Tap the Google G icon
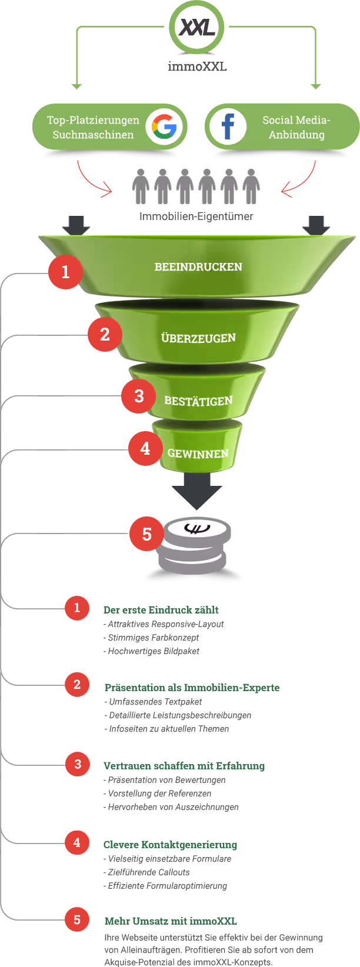164,126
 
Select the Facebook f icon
228,126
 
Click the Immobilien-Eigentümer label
196,216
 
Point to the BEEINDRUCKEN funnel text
198,267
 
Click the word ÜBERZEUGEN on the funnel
199,338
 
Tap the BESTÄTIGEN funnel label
198,401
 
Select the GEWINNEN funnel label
198,454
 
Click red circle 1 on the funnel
66,272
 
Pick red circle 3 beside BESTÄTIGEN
139,396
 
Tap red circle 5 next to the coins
146,534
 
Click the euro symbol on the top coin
197,528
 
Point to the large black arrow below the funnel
197,491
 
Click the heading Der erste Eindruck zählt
161,609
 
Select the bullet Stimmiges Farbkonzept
151,637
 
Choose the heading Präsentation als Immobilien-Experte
192,687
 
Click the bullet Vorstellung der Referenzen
157,793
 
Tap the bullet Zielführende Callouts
146,872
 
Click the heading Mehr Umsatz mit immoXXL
171,921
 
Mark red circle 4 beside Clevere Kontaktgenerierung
77,842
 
